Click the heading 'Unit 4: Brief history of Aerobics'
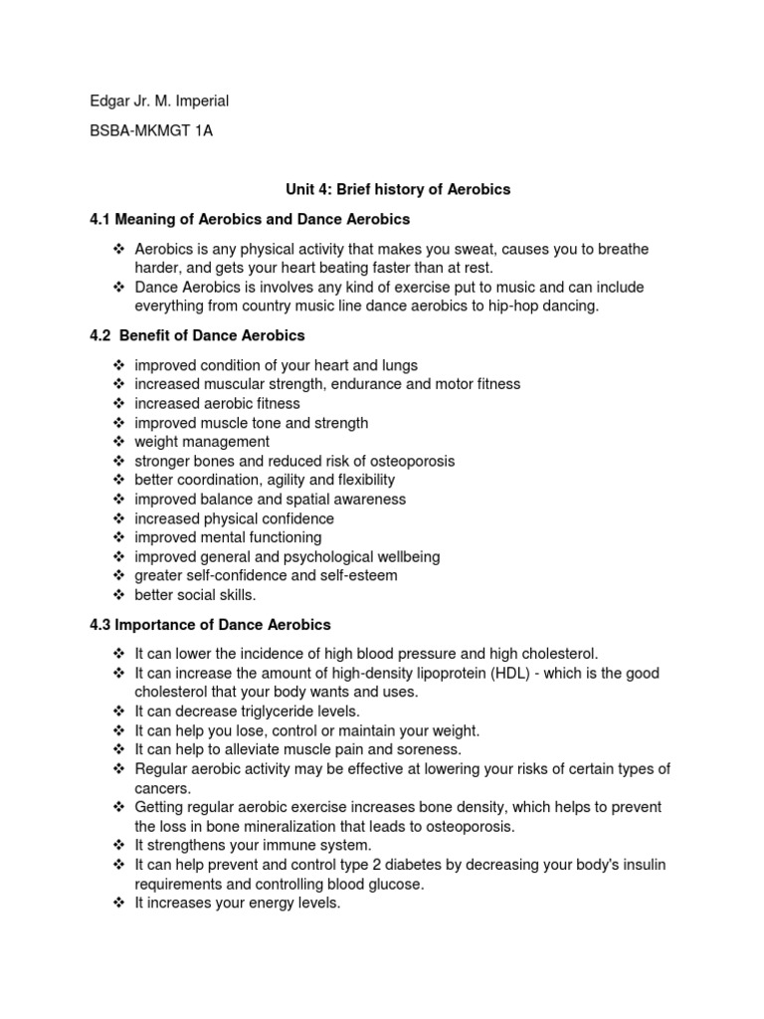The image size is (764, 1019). click(383, 189)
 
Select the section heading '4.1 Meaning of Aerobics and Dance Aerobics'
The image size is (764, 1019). click(249, 219)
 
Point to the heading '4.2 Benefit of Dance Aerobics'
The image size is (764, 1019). click(197, 335)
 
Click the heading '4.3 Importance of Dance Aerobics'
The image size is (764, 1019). click(210, 625)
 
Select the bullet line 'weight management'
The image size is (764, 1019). click(202, 442)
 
